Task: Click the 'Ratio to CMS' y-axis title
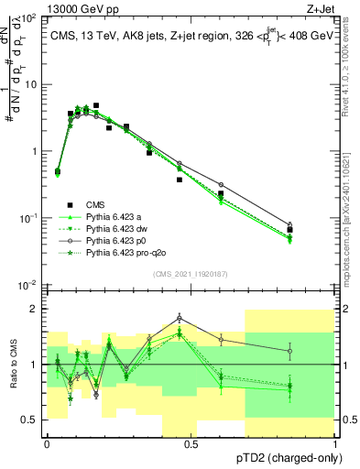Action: pyautogui.click(x=11, y=365)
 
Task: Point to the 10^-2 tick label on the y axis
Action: pyautogui.click(x=27, y=285)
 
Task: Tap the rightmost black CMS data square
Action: pyautogui.click(x=290, y=230)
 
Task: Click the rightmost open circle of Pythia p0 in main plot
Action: pyautogui.click(x=290, y=224)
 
